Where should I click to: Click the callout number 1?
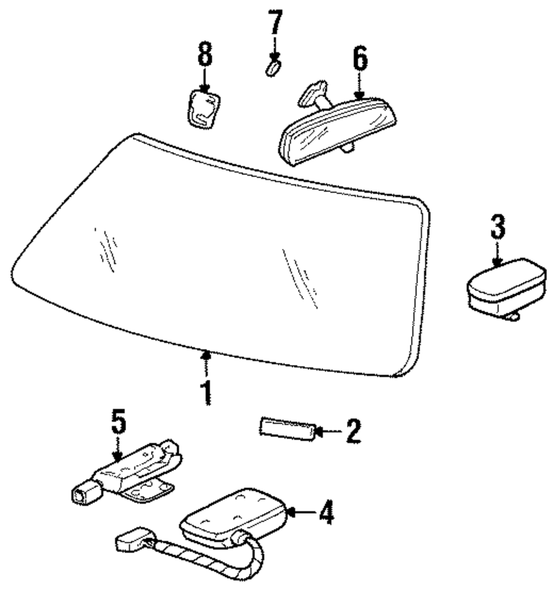tap(206, 392)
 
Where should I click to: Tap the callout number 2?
tap(352, 431)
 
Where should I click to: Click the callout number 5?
tap(118, 423)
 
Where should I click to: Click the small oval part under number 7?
tap(272, 69)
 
